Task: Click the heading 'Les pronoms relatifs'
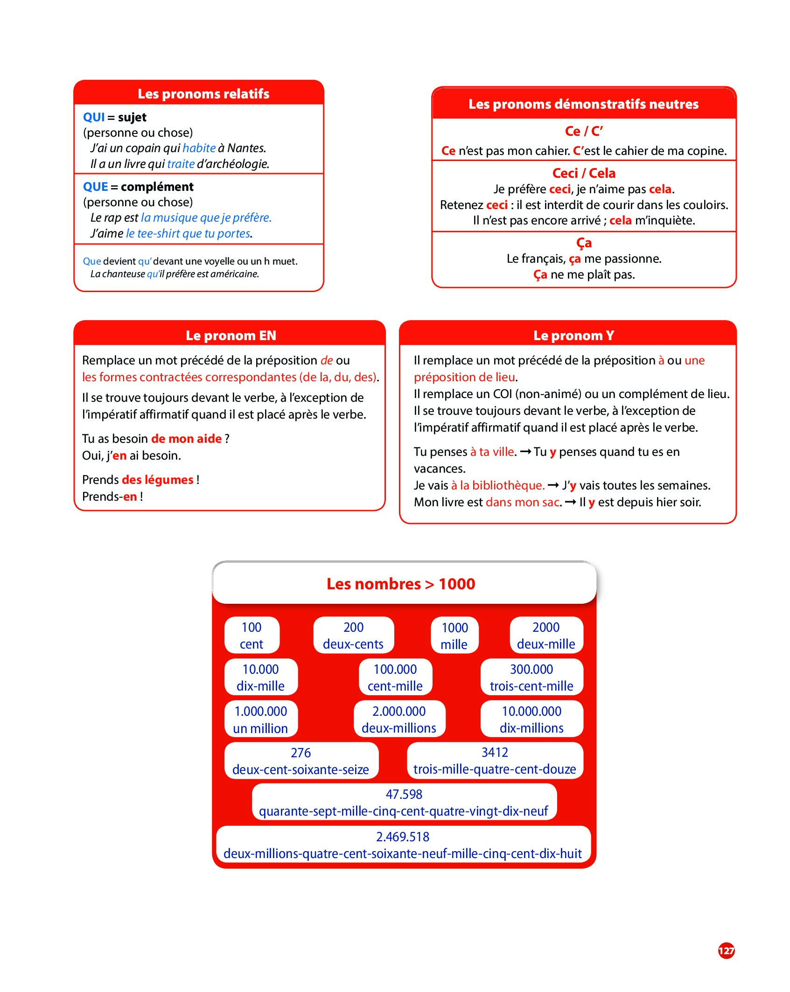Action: (x=203, y=94)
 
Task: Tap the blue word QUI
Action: (x=94, y=117)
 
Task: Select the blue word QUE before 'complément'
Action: (x=95, y=187)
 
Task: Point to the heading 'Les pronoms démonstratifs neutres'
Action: (x=583, y=104)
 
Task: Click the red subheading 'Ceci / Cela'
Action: (x=583, y=174)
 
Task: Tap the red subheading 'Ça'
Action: (x=584, y=243)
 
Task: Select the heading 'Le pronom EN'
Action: (x=231, y=335)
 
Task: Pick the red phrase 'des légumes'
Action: (x=157, y=480)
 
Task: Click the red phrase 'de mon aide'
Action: (x=186, y=439)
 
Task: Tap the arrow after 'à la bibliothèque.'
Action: (x=553, y=486)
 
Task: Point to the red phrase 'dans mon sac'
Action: (x=522, y=503)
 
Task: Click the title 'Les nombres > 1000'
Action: (x=400, y=584)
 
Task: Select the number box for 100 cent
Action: (x=252, y=636)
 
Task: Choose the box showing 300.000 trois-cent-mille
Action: (x=531, y=678)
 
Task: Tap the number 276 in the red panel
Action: (x=301, y=753)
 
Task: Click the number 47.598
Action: (x=404, y=794)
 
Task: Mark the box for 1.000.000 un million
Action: (x=260, y=720)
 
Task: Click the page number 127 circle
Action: (x=726, y=950)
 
